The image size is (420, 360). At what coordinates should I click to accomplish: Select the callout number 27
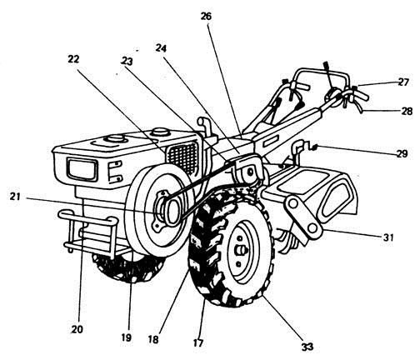(403, 82)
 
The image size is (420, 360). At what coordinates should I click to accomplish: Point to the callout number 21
(14, 197)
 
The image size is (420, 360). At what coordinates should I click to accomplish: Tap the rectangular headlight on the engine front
(81, 171)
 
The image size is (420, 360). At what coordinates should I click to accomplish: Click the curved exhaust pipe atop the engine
(201, 125)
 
